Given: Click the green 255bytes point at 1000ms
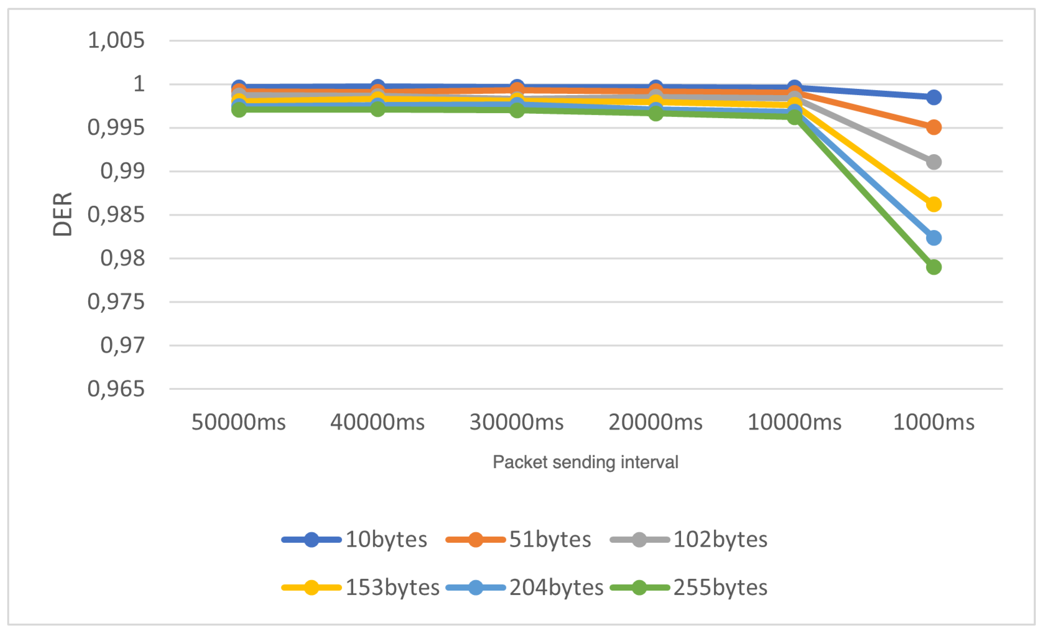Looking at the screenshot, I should point(933,267).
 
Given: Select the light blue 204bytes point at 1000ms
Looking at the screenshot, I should point(933,238).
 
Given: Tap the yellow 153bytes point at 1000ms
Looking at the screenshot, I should point(933,204).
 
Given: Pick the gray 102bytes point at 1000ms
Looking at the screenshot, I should point(933,162).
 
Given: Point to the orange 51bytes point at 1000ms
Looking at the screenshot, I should point(933,127).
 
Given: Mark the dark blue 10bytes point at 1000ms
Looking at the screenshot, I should point(933,97).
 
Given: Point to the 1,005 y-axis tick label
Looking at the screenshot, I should point(116,41).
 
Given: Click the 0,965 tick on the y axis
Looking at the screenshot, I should point(116,389).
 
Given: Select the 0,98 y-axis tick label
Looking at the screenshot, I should point(122,258).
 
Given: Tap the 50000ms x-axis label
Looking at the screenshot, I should point(239,422).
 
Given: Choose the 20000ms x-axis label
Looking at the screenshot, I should point(656,422).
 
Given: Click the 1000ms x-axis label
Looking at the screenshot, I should point(933,422).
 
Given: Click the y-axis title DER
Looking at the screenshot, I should point(62,214).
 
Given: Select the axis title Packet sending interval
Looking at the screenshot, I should point(585,462).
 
